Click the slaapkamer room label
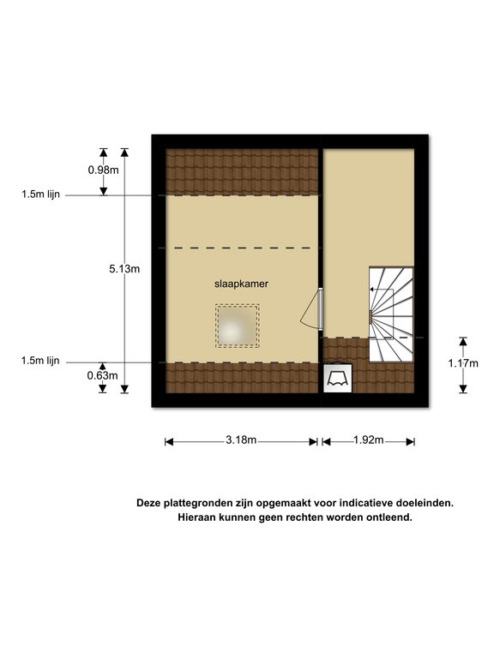point(241,284)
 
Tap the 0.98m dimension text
point(103,170)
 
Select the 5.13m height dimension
point(124,269)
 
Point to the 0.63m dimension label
point(103,375)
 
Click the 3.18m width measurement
point(241,440)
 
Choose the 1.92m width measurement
point(369,440)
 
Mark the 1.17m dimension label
point(463,363)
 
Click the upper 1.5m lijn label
point(41,194)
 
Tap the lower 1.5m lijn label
point(40,361)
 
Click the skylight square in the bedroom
point(238,326)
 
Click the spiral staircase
point(391,314)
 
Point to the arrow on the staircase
point(382,290)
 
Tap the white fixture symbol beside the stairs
point(338,378)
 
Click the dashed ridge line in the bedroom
point(243,248)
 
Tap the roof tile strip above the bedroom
point(242,172)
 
